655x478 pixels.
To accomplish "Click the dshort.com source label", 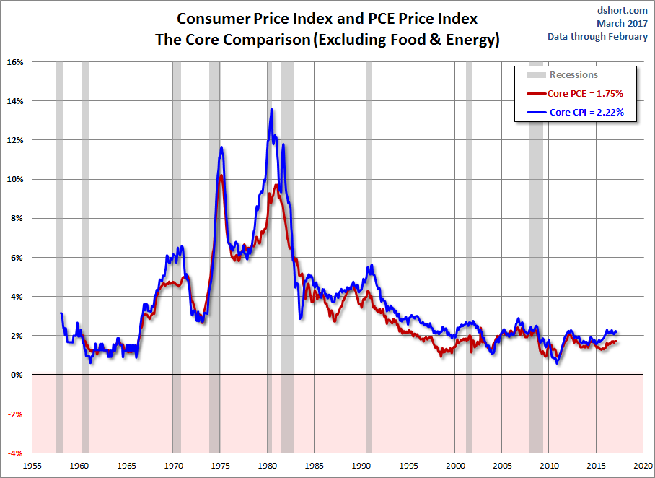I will click(x=622, y=11).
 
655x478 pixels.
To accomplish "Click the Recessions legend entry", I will click(x=573, y=74).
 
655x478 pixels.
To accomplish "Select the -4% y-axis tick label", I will click(x=14, y=453).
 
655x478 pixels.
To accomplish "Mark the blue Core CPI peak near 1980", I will click(x=271, y=109).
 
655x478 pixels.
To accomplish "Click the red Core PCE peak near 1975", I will click(x=221, y=175).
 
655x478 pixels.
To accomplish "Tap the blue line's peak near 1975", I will click(x=221, y=147).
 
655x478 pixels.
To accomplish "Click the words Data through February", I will click(x=597, y=36).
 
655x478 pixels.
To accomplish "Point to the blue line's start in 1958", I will click(x=61, y=313).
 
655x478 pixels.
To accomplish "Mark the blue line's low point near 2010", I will click(x=558, y=362).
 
